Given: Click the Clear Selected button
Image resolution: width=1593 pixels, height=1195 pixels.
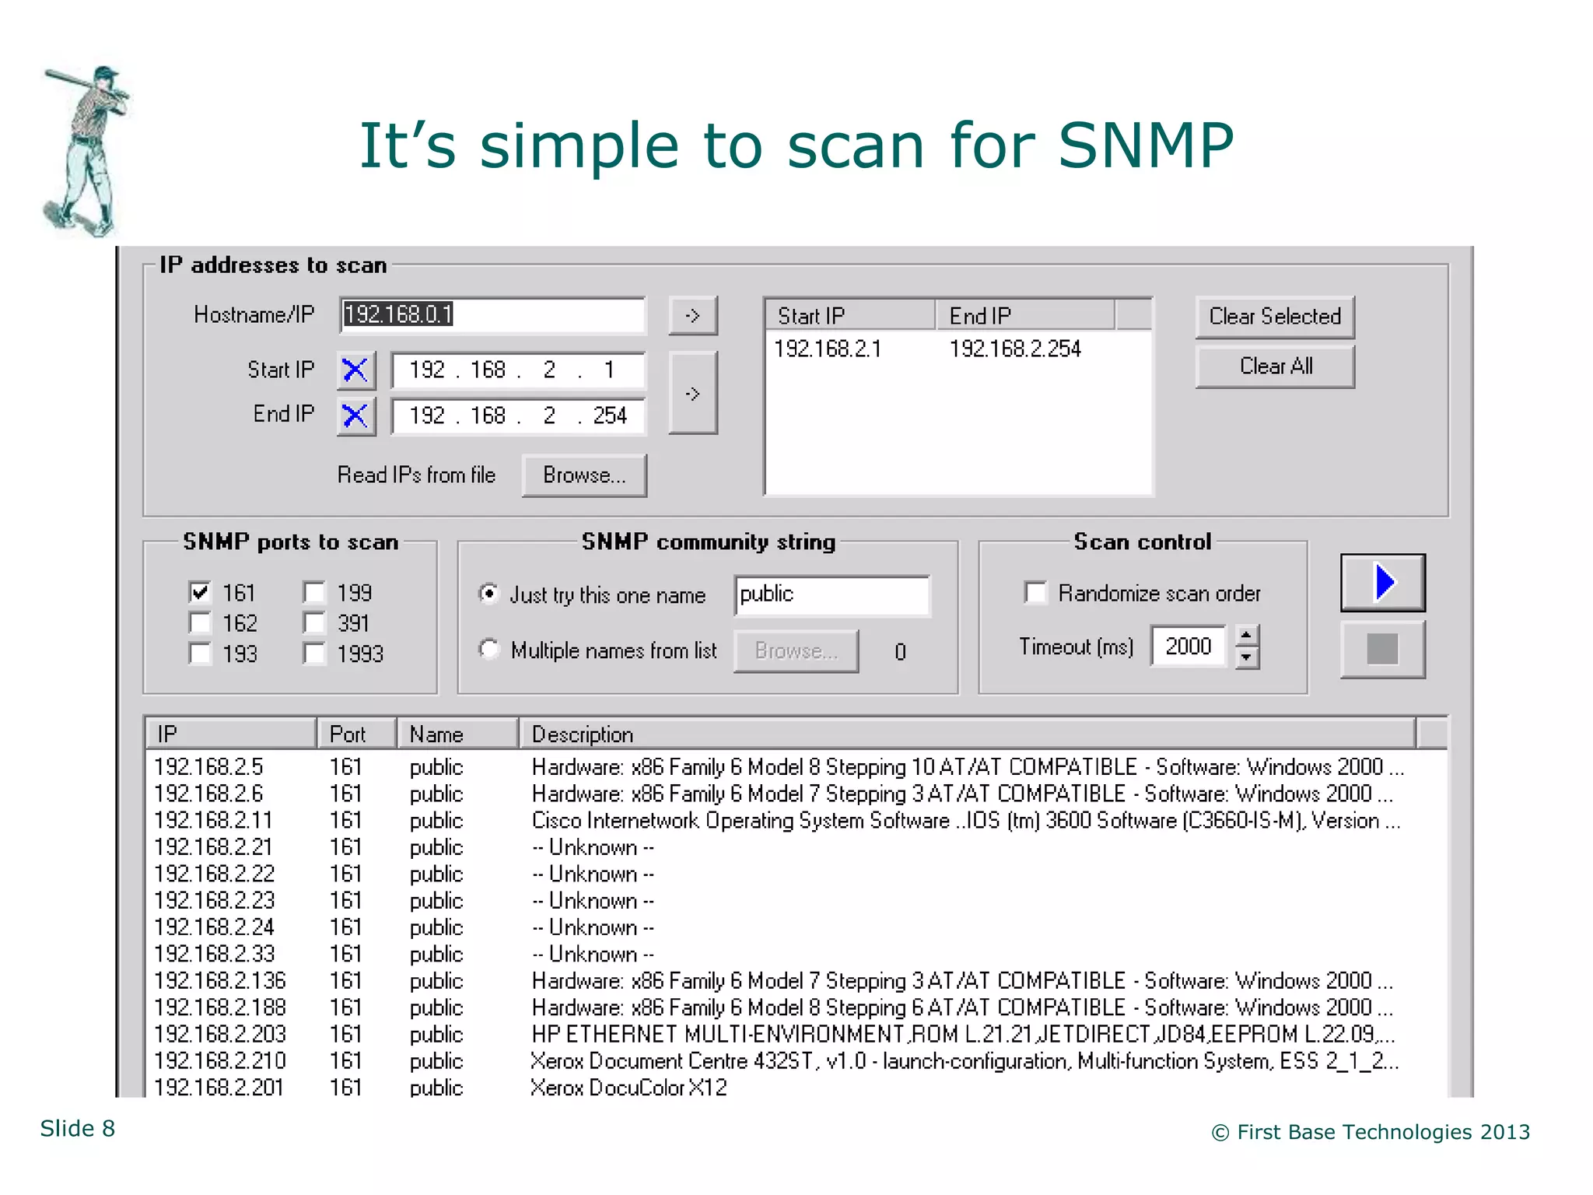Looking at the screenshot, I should [1274, 317].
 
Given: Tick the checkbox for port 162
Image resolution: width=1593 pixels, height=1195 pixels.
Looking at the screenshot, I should [200, 623].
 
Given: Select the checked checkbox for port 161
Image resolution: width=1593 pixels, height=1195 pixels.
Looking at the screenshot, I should [200, 593].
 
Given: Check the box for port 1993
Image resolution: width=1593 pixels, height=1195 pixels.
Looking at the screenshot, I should [314, 654].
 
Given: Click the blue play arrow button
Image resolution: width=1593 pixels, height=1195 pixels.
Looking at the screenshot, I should [1382, 583].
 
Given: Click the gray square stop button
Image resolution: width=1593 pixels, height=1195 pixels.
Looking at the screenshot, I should [1382, 649].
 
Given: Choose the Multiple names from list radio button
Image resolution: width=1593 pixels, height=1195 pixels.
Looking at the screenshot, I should [488, 649].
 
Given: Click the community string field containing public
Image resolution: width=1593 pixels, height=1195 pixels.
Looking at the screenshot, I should [831, 595].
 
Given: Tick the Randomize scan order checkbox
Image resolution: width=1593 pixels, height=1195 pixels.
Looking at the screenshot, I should [1035, 593].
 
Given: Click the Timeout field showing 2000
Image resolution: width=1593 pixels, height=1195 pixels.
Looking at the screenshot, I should [1188, 647].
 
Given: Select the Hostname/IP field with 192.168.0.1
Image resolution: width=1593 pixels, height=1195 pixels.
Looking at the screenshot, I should [492, 315].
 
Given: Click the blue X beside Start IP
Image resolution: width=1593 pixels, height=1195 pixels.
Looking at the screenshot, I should [355, 370].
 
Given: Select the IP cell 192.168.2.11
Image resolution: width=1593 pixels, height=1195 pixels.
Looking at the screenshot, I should [213, 821].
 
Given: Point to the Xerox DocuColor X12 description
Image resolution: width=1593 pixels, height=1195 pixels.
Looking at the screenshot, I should [628, 1088].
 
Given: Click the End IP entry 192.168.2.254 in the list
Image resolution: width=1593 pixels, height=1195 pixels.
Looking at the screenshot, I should [1014, 349].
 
